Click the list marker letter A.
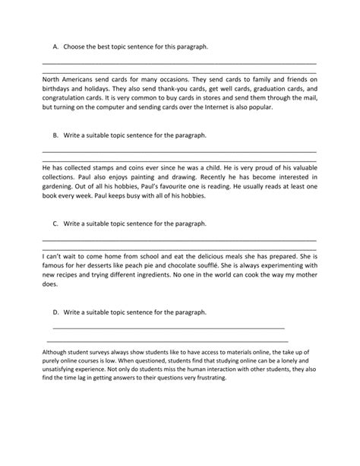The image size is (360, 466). tap(55, 47)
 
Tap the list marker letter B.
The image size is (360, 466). tap(55, 135)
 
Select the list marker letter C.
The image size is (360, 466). tap(55, 224)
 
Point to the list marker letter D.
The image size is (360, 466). tap(55, 312)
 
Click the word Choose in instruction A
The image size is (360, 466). tap(79, 47)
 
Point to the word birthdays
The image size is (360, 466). tap(59, 88)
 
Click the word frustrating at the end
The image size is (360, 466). tap(221, 377)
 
